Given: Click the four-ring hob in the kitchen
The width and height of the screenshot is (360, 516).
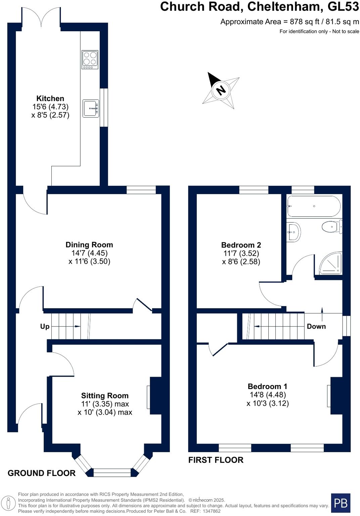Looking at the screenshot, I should (x=90, y=59).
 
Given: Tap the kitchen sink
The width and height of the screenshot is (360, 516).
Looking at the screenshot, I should (x=91, y=108).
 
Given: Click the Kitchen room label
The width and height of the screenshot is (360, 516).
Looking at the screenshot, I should (x=50, y=98).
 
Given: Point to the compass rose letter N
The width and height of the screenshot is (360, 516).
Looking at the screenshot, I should (x=221, y=90).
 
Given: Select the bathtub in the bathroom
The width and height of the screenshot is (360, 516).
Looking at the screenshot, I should (x=314, y=206).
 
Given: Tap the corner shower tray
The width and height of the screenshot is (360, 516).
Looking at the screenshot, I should (x=331, y=263).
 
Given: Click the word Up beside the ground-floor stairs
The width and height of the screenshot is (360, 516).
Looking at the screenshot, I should (x=45, y=327).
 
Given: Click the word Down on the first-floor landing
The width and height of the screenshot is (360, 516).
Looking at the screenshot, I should (x=316, y=326).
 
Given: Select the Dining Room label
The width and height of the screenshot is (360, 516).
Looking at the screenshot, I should (x=89, y=245).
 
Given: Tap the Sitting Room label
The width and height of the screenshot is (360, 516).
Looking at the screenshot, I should (x=105, y=396).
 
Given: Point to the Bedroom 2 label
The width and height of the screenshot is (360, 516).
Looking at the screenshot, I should (x=241, y=245).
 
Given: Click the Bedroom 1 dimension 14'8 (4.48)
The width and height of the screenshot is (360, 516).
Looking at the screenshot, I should (x=267, y=395).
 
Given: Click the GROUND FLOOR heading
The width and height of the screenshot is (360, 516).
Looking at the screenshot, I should (x=42, y=473).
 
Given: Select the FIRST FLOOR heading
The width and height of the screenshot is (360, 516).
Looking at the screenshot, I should (x=216, y=460).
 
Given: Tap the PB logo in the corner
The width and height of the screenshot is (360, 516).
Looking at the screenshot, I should (x=341, y=503).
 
